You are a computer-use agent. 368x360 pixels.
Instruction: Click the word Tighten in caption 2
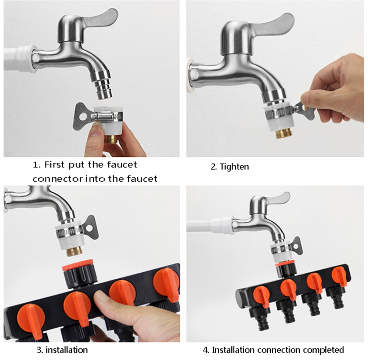(234, 167)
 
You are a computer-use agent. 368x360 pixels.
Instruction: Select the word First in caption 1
(54, 164)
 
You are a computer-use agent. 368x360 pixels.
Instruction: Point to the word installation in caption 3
(66, 350)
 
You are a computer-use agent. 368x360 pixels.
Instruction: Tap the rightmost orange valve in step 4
(339, 276)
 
